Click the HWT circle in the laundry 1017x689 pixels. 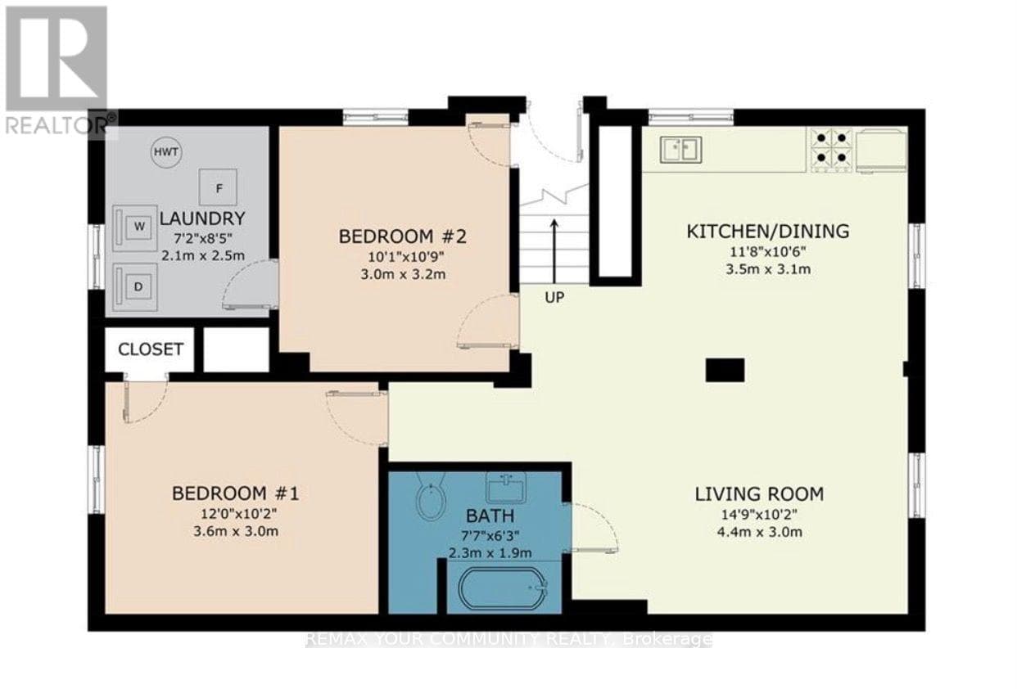click(x=166, y=152)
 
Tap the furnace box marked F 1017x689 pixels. click(x=218, y=187)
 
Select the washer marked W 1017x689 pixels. click(x=135, y=228)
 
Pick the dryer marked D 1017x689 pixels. click(x=135, y=287)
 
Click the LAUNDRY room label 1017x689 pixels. click(x=202, y=218)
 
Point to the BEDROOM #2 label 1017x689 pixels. click(x=402, y=236)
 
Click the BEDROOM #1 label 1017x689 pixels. click(x=236, y=493)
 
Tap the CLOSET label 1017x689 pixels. click(x=151, y=349)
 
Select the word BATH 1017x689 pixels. click(x=490, y=516)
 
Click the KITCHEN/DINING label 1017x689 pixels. click(x=768, y=232)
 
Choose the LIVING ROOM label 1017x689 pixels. click(x=759, y=494)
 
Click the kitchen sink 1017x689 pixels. click(x=681, y=149)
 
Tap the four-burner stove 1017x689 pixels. click(x=831, y=149)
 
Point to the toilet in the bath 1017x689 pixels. click(x=431, y=496)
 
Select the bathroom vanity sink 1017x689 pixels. click(x=506, y=487)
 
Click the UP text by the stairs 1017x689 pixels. click(x=554, y=298)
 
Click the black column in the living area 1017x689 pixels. click(x=725, y=370)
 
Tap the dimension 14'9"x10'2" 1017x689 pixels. click(x=760, y=515)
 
